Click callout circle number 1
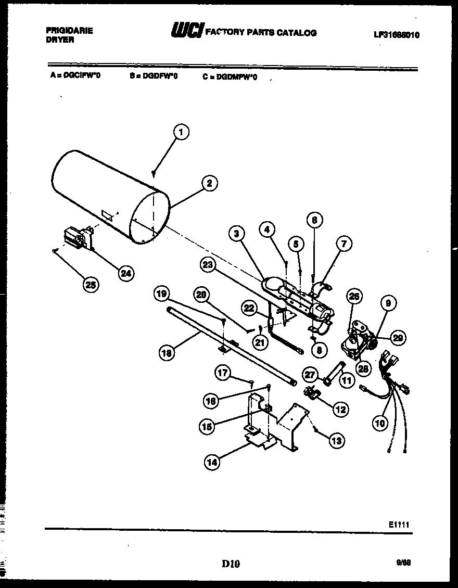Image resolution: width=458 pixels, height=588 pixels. coord(181,132)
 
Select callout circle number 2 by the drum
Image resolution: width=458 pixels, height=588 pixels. coord(209,183)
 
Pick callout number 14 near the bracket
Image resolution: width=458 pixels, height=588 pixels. coord(212,462)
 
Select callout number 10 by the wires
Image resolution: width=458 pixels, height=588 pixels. coord(380,423)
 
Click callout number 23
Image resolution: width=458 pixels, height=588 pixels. coord(208,265)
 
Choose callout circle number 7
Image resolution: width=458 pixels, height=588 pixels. coord(344,243)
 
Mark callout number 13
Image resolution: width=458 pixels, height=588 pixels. coord(337,441)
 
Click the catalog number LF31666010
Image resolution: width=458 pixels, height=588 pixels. coord(397,35)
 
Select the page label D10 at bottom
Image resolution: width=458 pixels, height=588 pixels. coord(230,563)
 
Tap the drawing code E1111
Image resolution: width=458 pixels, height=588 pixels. coord(399,525)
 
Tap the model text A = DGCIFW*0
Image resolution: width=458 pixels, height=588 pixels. coord(75,75)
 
